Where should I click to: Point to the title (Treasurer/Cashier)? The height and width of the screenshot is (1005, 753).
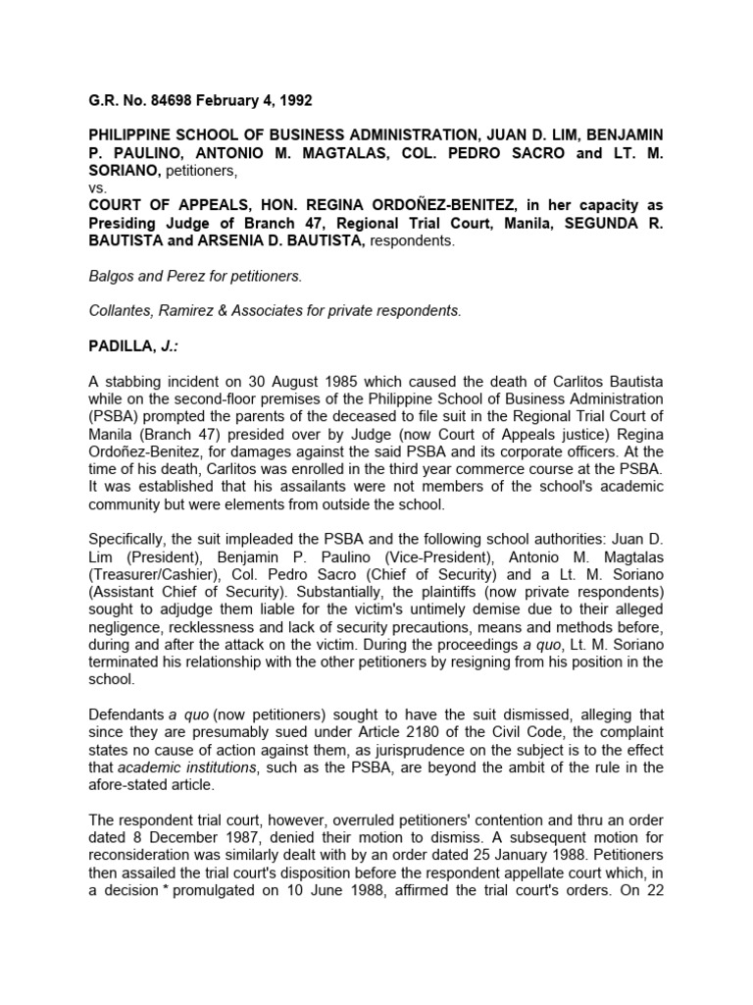point(148,572)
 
